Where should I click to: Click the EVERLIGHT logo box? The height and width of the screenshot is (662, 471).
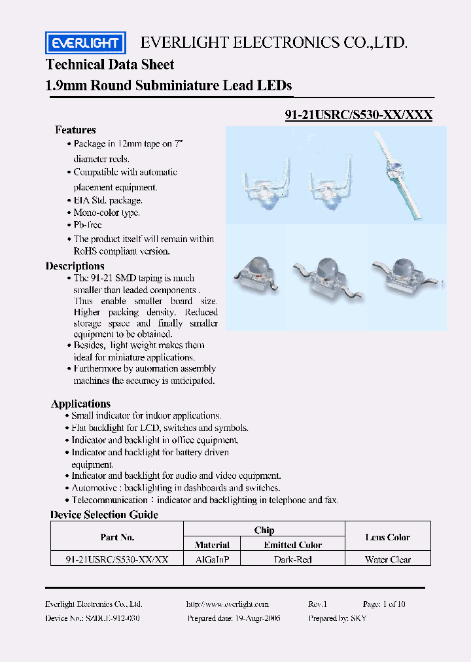coord(85,44)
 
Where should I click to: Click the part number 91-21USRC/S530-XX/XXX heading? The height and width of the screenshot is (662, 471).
coord(358,114)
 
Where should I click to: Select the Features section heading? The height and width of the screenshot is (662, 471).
coord(75,130)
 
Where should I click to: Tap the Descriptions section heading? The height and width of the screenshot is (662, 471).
coord(75,266)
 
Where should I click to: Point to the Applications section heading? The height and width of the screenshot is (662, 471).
coord(80,404)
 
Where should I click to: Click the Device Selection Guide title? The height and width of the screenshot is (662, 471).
coord(104,515)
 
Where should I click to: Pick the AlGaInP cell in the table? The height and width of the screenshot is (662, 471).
coord(212,559)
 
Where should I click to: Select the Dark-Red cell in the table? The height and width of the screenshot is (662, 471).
coord(292,559)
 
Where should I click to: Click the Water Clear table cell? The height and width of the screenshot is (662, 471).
coord(388,559)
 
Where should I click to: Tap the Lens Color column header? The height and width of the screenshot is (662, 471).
coord(388,537)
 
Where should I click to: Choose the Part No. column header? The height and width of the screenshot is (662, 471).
coord(118,537)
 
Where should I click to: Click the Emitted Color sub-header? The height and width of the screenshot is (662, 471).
coord(292,545)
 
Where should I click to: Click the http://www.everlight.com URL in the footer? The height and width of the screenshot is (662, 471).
coord(227,604)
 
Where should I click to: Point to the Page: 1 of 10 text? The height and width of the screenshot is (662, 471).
coord(384,604)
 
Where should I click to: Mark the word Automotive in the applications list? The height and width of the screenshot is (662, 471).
coord(94,488)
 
